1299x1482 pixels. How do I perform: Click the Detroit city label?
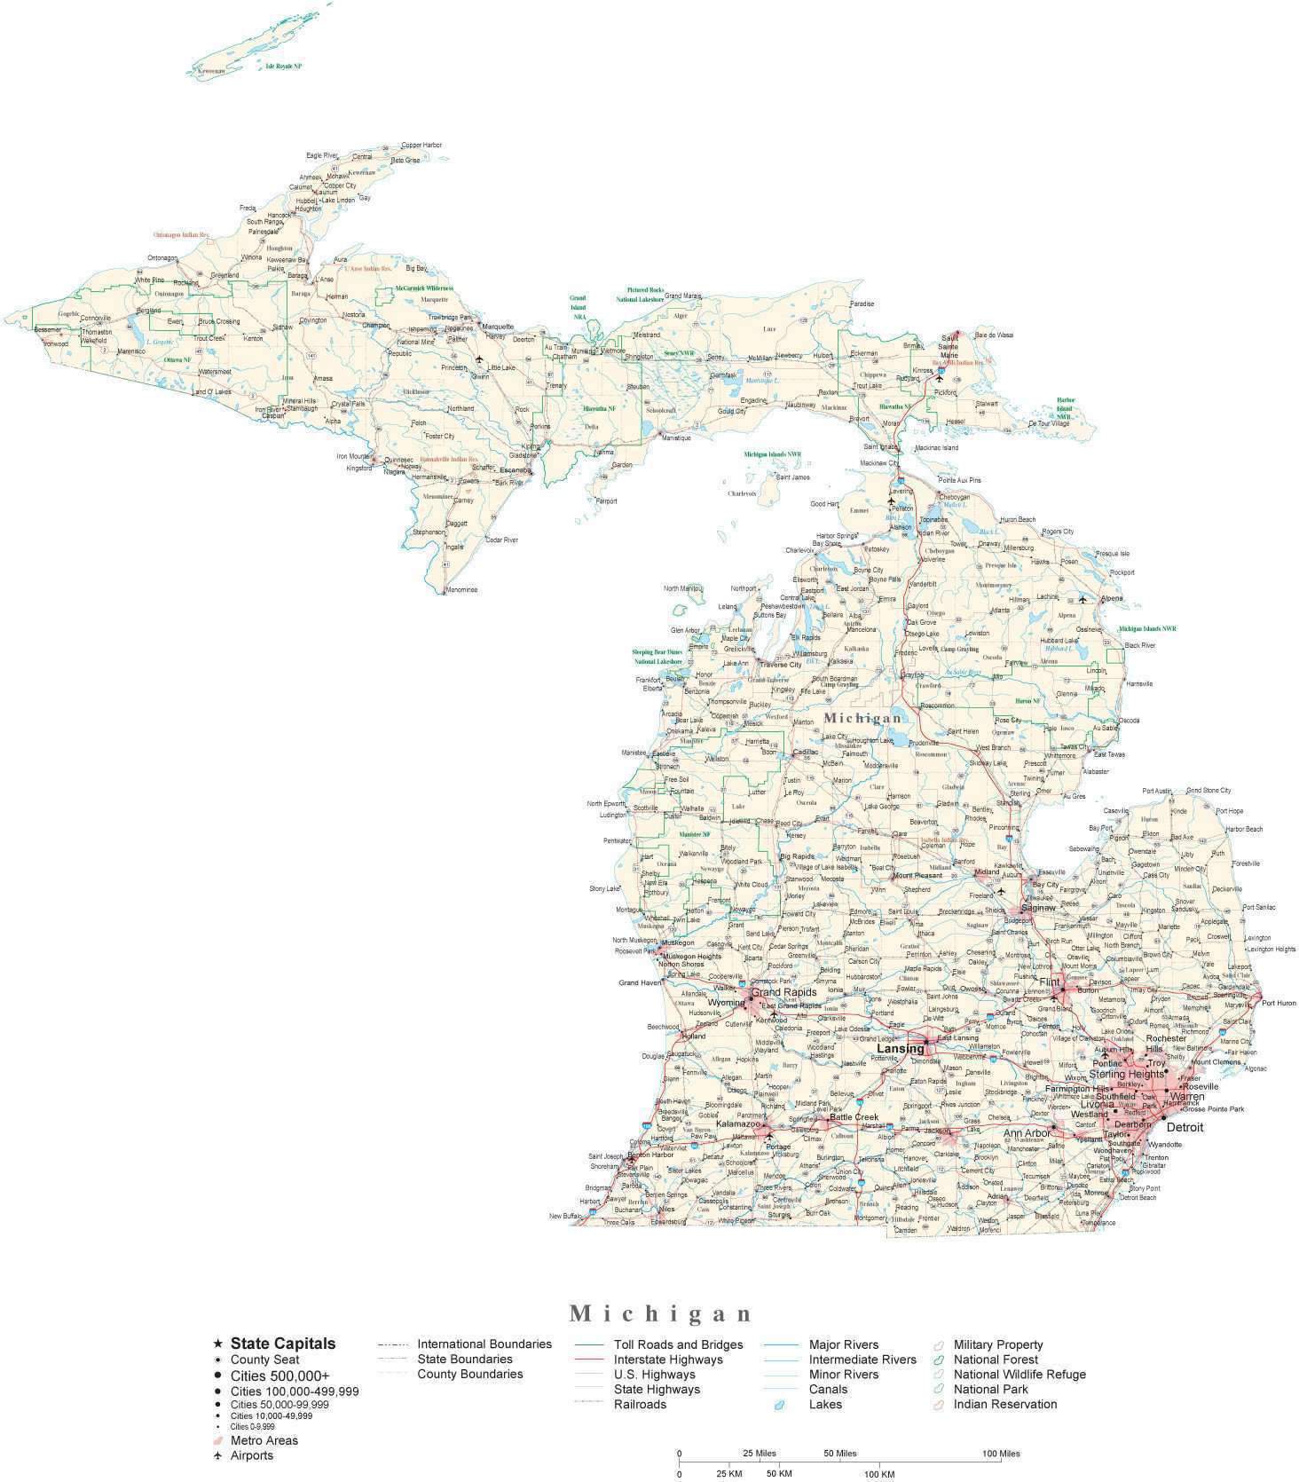click(x=1185, y=1127)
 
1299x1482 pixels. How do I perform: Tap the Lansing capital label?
click(x=901, y=1049)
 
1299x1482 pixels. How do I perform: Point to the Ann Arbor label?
click(x=1027, y=1133)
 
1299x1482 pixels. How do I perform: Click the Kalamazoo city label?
click(x=738, y=1123)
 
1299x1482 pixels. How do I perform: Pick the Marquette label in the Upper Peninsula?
click(x=498, y=327)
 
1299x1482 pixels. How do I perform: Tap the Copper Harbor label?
click(x=421, y=145)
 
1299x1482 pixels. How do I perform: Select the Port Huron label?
click(x=1279, y=1003)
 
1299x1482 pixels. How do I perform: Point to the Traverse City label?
click(x=780, y=664)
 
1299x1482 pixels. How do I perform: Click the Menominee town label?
click(x=461, y=589)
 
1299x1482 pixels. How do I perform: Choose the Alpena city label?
click(x=1111, y=598)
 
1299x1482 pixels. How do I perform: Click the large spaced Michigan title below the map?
click(x=661, y=1313)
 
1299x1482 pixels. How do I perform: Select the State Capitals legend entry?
click(x=282, y=1344)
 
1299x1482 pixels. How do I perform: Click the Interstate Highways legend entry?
click(x=667, y=1360)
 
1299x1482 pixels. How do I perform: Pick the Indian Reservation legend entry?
click(x=1004, y=1404)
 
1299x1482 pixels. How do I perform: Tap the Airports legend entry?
click(x=252, y=1455)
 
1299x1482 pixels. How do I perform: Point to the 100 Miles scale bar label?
click(x=1000, y=1454)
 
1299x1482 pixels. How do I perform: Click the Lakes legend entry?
click(x=825, y=1404)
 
